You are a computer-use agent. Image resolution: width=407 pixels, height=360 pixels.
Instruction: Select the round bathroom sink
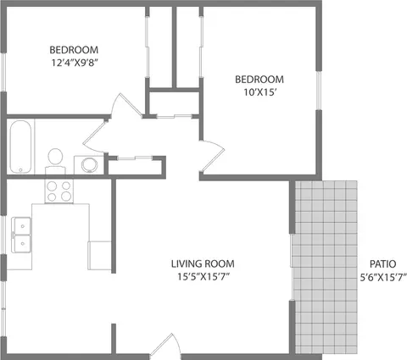(87, 164)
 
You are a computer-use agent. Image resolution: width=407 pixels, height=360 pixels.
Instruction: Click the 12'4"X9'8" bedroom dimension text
(74, 63)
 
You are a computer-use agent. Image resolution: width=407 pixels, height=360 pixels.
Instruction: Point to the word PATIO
(382, 263)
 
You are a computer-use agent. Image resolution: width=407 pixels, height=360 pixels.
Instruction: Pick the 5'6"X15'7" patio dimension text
(382, 277)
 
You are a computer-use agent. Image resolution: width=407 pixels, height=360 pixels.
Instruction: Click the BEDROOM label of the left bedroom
(74, 48)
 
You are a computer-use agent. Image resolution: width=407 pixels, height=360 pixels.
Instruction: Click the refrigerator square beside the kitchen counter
(99, 253)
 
